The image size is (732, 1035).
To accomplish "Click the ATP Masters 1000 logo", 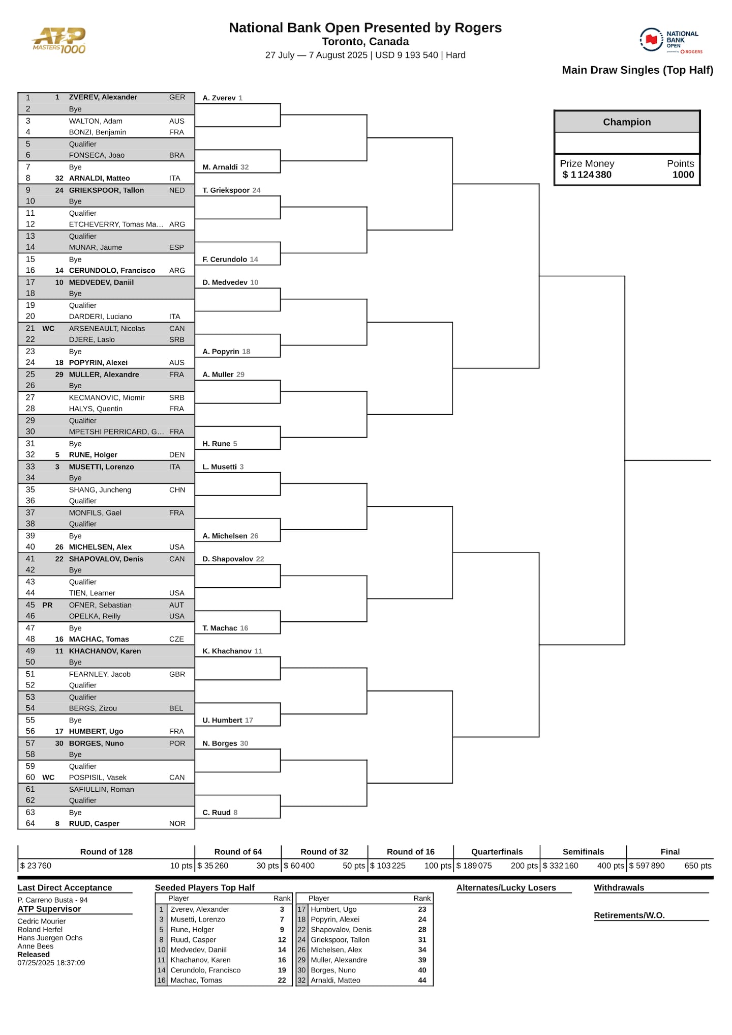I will coord(59,41).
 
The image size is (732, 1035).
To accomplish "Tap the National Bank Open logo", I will coord(670,40).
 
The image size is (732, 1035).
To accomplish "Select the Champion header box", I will coord(626,122).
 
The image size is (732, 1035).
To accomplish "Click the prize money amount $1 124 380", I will coord(587,175).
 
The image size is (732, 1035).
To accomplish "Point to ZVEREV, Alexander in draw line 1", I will coord(103,97).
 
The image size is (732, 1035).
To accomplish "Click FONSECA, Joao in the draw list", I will coord(97,155).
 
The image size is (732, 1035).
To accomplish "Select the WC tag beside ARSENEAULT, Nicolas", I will coord(48,328).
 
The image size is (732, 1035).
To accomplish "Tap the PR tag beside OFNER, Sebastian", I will coord(47,605).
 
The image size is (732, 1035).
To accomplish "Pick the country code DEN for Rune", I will coord(177,455).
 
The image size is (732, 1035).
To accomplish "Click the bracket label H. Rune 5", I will coord(220,444).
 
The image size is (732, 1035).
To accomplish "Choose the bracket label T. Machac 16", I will coord(225,628).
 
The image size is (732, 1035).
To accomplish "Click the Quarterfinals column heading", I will coord(497,852).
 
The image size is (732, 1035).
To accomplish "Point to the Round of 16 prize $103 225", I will coord(388,866).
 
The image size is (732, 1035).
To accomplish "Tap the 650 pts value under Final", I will coord(697,866).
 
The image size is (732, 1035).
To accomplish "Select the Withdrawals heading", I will coord(619,887).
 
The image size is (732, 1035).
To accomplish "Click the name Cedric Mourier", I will coord(42,921).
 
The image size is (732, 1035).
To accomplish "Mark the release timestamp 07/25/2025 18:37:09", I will coord(51,963).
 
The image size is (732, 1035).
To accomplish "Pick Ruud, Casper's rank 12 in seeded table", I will coord(282,939).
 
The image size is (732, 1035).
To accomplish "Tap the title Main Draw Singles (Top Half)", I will coord(637,70).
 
